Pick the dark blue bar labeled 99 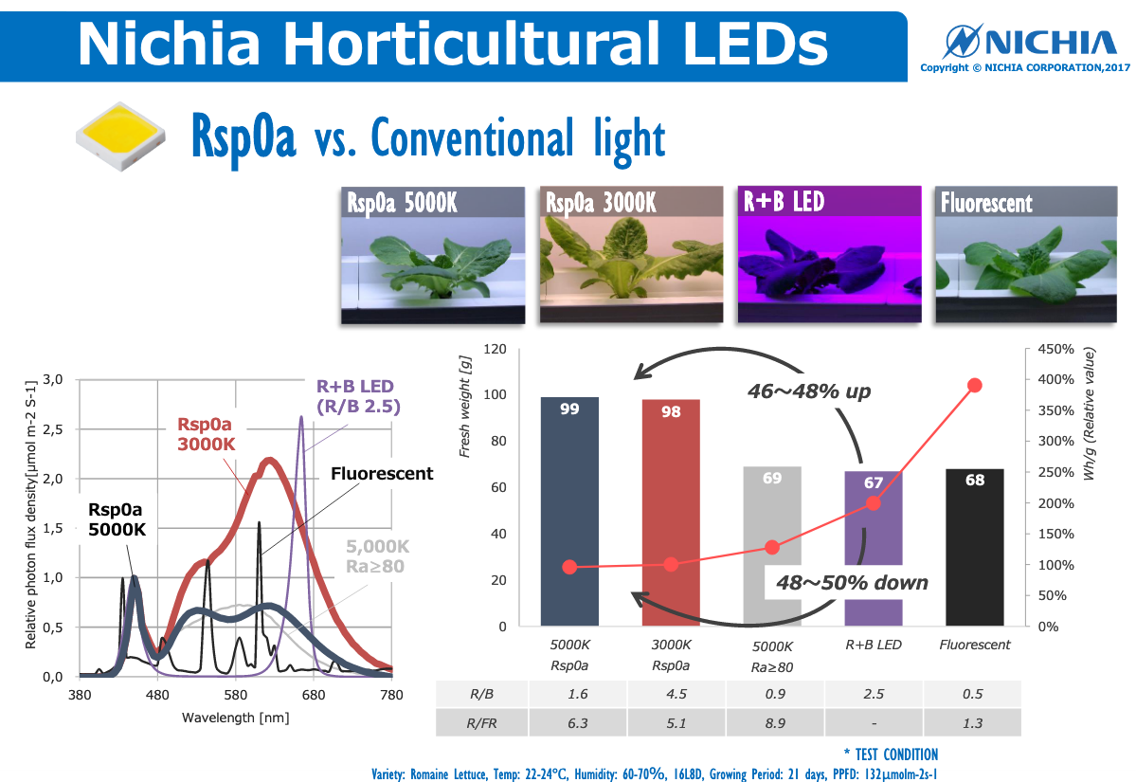tap(569, 512)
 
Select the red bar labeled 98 tap(671, 512)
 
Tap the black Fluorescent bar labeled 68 tap(974, 548)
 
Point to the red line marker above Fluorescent tap(975, 385)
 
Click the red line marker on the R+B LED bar tap(874, 502)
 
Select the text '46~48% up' tap(808, 391)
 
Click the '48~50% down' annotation tap(852, 582)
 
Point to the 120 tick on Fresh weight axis tap(496, 349)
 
